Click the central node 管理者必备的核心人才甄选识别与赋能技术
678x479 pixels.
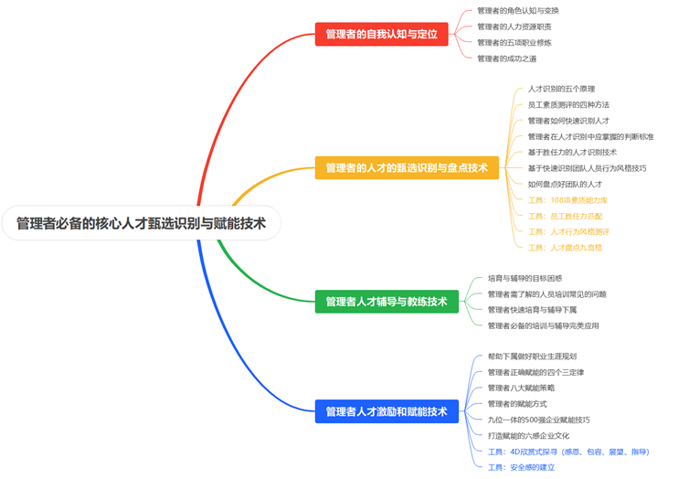[x=141, y=223]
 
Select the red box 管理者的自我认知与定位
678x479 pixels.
[x=381, y=34]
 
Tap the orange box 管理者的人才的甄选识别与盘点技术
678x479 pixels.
[x=407, y=167]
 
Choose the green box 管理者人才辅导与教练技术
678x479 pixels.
[x=387, y=302]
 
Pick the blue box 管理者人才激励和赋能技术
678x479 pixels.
[x=387, y=412]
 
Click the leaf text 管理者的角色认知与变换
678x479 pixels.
[x=518, y=11]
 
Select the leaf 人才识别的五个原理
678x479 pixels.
[x=561, y=89]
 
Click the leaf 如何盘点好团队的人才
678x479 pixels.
[x=569, y=184]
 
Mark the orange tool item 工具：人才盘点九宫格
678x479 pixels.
[x=565, y=247]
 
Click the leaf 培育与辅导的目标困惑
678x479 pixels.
[x=524, y=278]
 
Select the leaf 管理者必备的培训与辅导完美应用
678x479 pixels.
[x=543, y=325]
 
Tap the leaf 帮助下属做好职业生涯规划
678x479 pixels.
[x=532, y=357]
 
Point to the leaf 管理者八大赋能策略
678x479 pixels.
[x=522, y=388]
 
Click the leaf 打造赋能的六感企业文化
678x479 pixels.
[x=528, y=435]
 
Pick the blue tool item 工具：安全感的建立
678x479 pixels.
[x=521, y=467]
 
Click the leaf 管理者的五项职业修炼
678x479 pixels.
[x=514, y=42]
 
